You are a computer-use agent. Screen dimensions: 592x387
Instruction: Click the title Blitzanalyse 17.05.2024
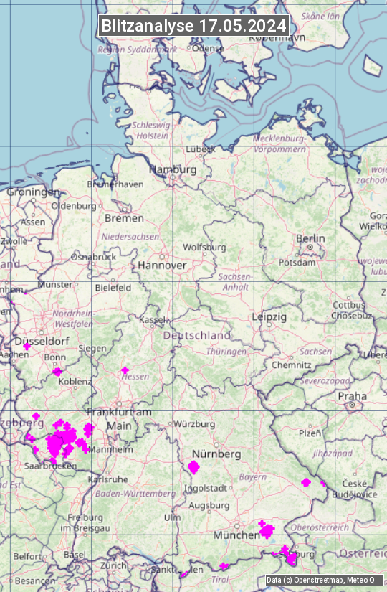[x=193, y=25]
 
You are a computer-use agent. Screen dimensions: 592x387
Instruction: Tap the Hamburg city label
[x=172, y=169]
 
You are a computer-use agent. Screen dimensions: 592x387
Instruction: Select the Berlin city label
[x=310, y=238]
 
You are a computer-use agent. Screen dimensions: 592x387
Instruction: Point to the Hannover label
[x=162, y=265]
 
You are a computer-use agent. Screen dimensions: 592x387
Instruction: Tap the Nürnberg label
[x=216, y=454]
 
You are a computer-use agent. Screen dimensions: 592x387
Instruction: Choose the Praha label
[x=353, y=395]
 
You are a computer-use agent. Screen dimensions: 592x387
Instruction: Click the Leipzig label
[x=269, y=316]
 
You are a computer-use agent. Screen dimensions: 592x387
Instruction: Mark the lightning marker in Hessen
[x=125, y=370]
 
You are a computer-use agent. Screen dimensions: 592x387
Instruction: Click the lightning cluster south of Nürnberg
[x=193, y=468]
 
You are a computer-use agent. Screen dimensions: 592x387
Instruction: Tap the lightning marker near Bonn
[x=57, y=372]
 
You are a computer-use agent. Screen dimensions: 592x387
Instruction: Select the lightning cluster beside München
[x=267, y=530]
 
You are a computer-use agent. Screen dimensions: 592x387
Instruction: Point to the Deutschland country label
[x=196, y=335]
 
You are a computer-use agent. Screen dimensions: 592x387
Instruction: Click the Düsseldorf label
[x=42, y=342]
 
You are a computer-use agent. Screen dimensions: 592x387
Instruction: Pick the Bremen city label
[x=124, y=217]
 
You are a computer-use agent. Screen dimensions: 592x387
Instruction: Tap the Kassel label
[x=151, y=319]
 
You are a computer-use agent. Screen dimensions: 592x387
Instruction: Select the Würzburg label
[x=194, y=424]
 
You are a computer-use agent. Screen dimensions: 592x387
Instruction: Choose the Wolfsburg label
[x=204, y=247]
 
